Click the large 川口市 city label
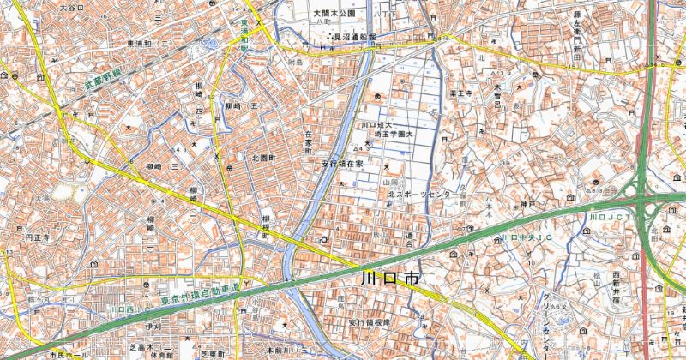(390, 279)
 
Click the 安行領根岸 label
(369, 321)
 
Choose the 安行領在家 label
(343, 161)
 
